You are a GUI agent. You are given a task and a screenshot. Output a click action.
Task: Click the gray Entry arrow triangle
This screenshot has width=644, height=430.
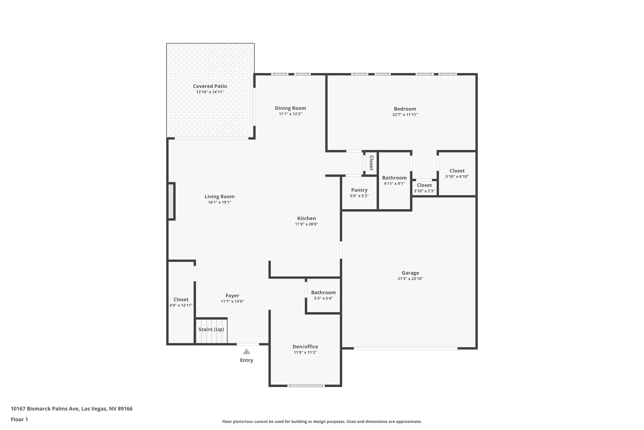pyautogui.click(x=246, y=352)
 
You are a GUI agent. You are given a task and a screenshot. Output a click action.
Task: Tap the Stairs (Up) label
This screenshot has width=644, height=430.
pyautogui.click(x=211, y=329)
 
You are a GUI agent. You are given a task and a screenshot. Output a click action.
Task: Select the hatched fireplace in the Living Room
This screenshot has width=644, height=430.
pyautogui.click(x=171, y=201)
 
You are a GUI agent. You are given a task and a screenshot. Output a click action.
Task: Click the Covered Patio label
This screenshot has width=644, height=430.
pyautogui.click(x=210, y=86)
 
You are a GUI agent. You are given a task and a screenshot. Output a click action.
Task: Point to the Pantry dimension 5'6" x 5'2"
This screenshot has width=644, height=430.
pyautogui.click(x=359, y=196)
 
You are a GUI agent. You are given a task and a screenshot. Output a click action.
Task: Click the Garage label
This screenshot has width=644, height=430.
pyautogui.click(x=410, y=273)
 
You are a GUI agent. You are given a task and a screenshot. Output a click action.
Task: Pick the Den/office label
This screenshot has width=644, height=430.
pyautogui.click(x=305, y=347)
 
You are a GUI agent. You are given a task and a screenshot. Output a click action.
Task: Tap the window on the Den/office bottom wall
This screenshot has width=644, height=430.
pyautogui.click(x=306, y=385)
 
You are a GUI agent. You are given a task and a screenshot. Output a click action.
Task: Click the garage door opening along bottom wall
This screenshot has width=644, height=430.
pyautogui.click(x=405, y=348)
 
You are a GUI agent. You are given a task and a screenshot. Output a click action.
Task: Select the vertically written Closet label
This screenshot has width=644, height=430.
pyautogui.click(x=371, y=163)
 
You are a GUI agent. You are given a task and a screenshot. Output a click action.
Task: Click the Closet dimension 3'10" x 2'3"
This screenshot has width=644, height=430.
pyautogui.click(x=424, y=191)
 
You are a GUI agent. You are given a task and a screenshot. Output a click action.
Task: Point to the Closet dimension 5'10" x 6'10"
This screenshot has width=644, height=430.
pyautogui.click(x=457, y=177)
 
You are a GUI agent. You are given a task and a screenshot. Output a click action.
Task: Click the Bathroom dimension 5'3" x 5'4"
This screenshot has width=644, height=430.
pyautogui.click(x=323, y=298)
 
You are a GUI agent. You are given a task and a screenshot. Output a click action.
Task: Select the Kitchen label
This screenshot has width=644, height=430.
pyautogui.click(x=306, y=218)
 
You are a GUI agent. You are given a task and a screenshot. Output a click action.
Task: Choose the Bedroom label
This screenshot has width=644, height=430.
pyautogui.click(x=405, y=109)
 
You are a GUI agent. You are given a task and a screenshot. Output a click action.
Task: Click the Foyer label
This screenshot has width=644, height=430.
pyautogui.click(x=232, y=296)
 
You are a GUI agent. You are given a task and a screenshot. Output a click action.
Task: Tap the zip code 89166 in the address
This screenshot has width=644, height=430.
pyautogui.click(x=125, y=409)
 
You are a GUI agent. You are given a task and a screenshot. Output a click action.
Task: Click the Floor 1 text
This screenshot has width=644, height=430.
pyautogui.click(x=19, y=419)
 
